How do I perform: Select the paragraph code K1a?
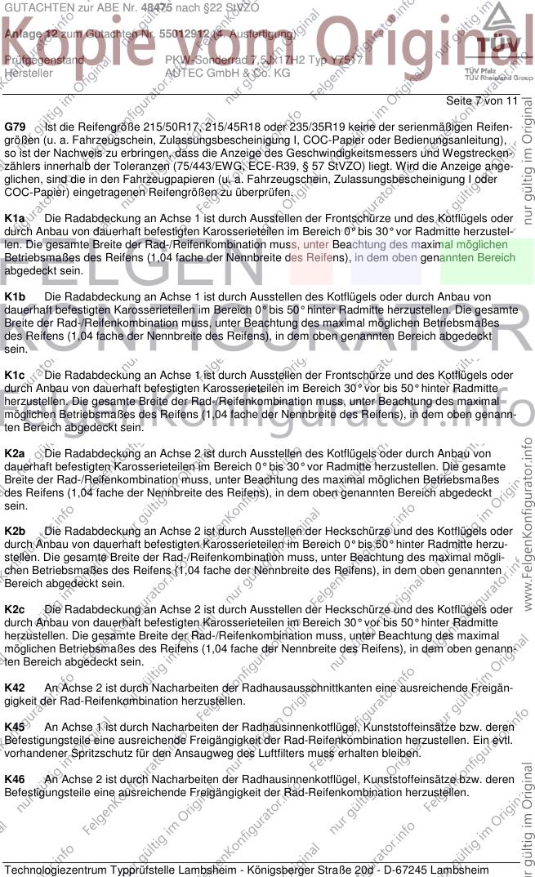[15, 219]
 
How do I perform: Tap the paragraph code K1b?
[15, 298]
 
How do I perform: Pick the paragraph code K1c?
[15, 376]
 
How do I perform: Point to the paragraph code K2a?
[15, 452]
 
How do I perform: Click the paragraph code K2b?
[15, 531]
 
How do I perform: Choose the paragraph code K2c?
[15, 609]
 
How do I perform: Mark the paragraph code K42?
[15, 688]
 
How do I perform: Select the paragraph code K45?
[15, 726]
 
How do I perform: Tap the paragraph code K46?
[15, 779]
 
